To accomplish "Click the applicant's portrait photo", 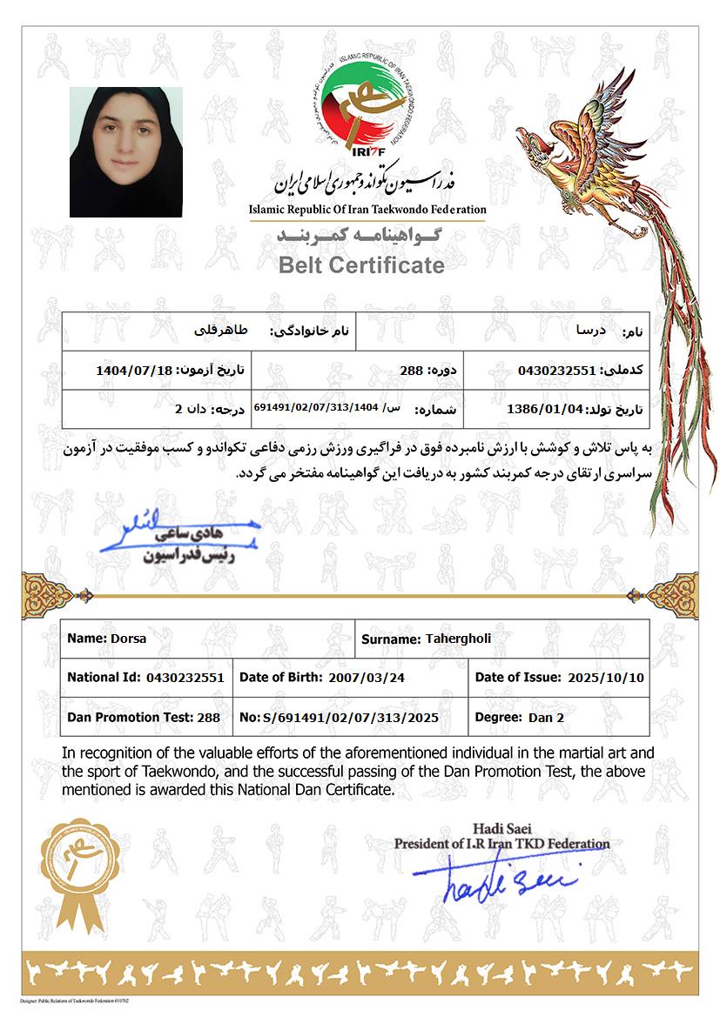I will [125, 152].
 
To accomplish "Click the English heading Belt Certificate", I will [361, 265].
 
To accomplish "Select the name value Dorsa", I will [129, 638].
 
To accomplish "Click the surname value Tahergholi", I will [458, 639].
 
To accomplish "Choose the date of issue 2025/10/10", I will [605, 677].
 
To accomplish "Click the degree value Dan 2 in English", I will [547, 718].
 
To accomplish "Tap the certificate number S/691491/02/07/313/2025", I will [351, 719].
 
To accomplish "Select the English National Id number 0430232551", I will [185, 677].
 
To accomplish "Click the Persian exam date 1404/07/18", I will [135, 370].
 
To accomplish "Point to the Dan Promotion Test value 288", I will [209, 718].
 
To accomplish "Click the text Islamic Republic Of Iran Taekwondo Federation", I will [367, 210].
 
